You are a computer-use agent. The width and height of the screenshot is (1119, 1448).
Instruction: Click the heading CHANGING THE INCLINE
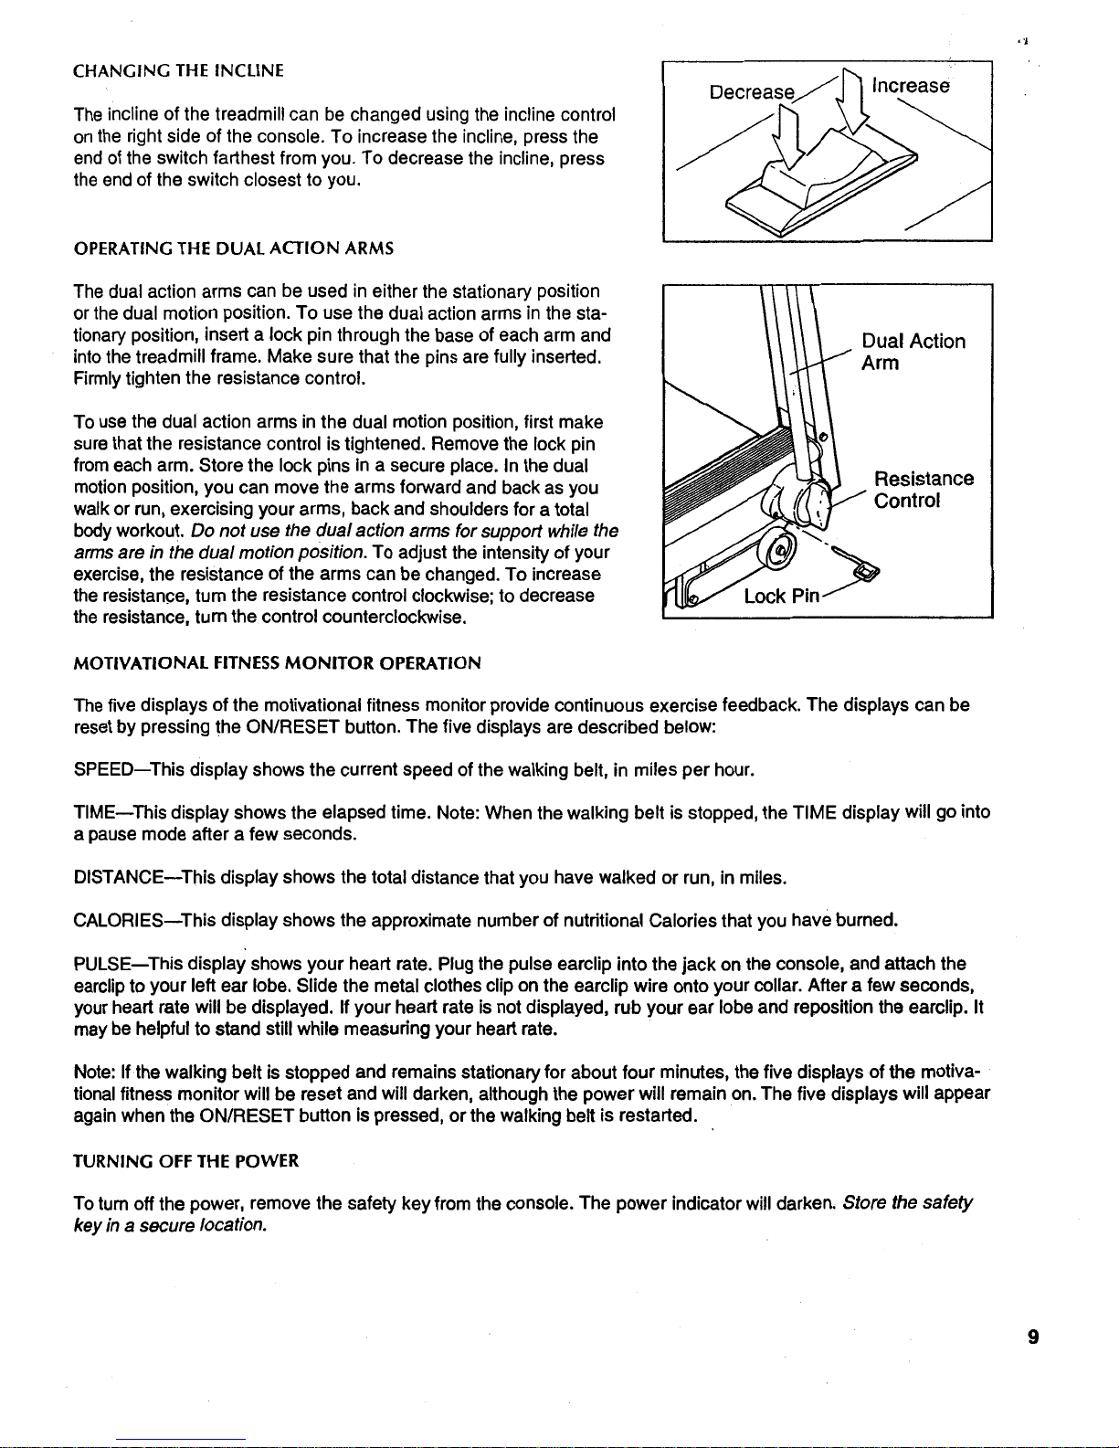[x=178, y=70]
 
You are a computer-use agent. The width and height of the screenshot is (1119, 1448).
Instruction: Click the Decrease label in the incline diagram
[x=752, y=92]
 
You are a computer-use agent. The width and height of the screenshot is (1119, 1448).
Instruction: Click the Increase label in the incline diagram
[x=911, y=86]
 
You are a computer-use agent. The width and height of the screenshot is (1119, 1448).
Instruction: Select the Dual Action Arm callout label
[x=913, y=352]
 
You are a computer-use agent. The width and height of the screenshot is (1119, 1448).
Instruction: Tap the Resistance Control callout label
[x=923, y=490]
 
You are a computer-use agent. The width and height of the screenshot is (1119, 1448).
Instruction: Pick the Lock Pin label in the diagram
[x=781, y=597]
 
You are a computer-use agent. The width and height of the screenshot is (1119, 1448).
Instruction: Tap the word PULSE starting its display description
[x=101, y=963]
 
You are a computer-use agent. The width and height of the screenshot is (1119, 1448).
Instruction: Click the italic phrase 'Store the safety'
[x=909, y=1202]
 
